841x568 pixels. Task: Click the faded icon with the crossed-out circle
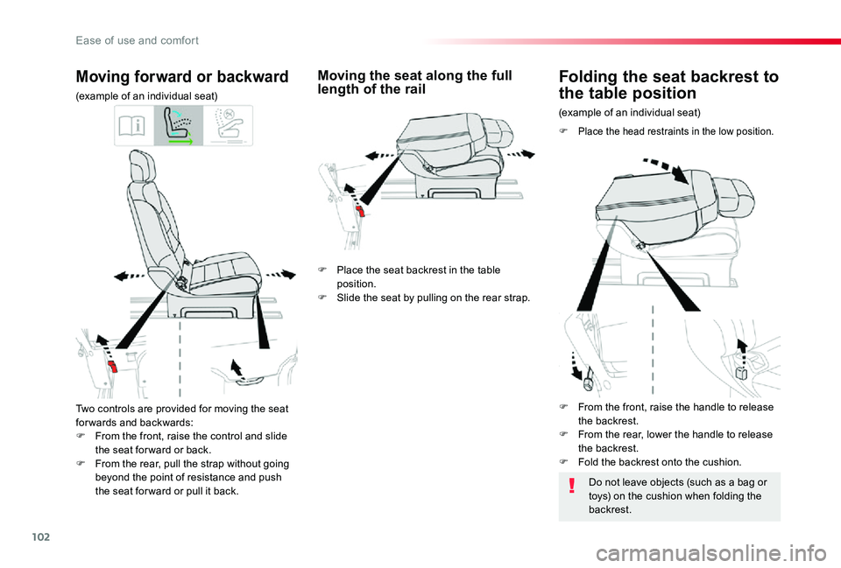click(227, 126)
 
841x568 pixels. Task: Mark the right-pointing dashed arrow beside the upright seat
click(280, 274)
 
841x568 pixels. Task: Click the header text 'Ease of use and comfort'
click(137, 40)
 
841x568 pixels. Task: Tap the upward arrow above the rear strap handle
click(235, 365)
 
